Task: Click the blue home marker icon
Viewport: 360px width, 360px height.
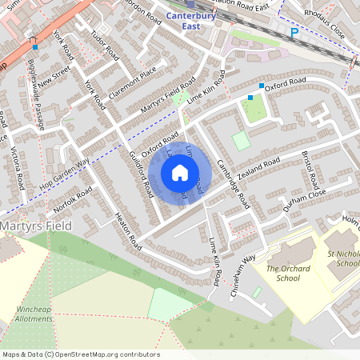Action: pyautogui.click(x=180, y=173)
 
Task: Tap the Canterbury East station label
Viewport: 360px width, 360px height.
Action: pyautogui.click(x=193, y=20)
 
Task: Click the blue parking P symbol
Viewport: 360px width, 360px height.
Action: pyautogui.click(x=294, y=34)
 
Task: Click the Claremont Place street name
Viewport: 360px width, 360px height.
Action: pyautogui.click(x=130, y=83)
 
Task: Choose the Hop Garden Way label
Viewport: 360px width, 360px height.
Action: pyautogui.click(x=66, y=172)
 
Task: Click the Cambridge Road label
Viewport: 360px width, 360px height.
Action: pyautogui.click(x=234, y=184)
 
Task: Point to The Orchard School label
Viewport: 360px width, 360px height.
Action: pyautogui.click(x=283, y=274)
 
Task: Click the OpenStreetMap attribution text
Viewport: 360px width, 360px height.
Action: pyautogui.click(x=80, y=354)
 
